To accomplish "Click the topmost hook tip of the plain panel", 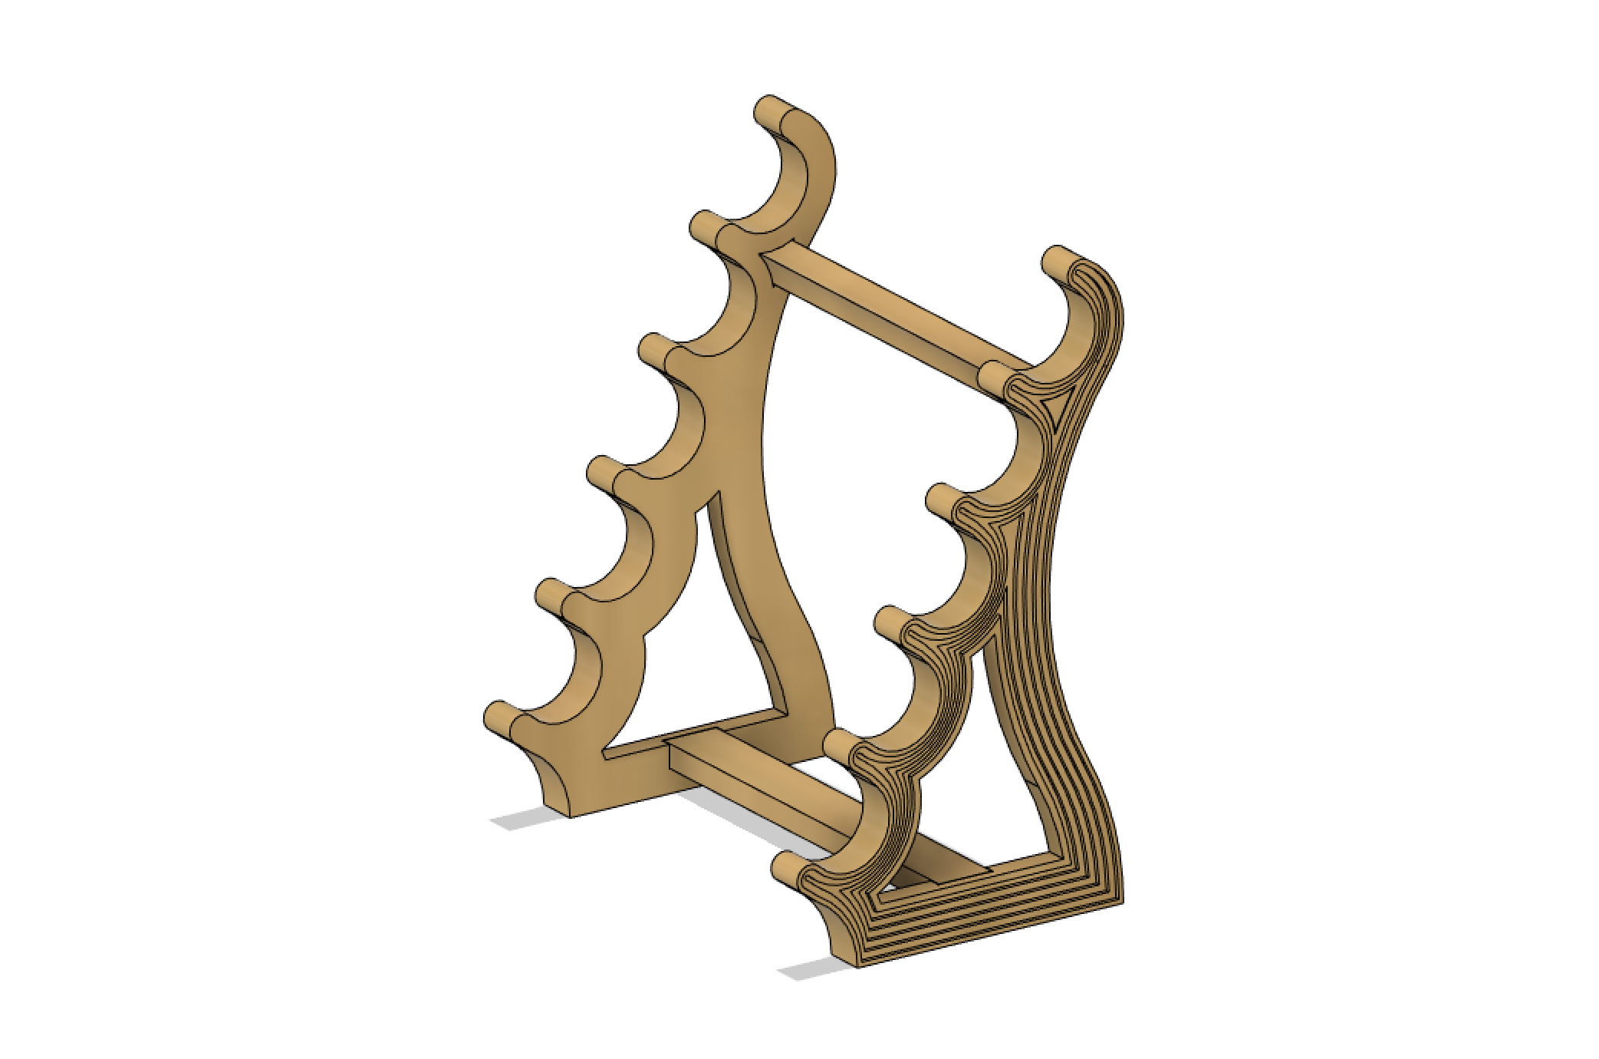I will point(769,110).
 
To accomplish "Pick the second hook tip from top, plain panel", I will point(705,226).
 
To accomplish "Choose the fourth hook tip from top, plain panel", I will point(603,470).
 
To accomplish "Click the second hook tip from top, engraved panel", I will point(994,377).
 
